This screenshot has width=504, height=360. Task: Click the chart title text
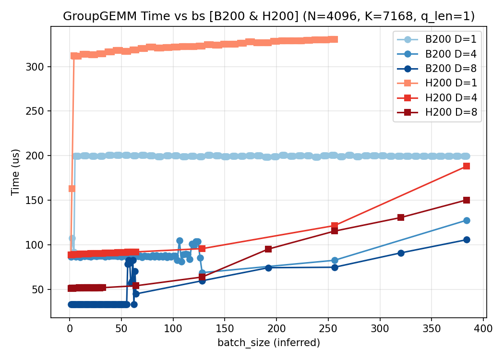coord(269,16)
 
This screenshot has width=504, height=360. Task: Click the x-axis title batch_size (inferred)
coord(269,343)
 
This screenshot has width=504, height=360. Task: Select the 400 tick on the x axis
coord(483,330)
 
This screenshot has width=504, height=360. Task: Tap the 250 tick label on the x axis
coord(328,330)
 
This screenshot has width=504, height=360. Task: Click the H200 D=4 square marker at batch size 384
coord(467,166)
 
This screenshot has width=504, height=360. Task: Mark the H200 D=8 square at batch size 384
coord(467,200)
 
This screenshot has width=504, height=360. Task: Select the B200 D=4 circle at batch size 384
coord(467,220)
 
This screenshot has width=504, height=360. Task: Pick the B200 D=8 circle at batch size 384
coord(467,240)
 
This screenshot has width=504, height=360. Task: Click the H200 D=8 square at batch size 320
coord(401,217)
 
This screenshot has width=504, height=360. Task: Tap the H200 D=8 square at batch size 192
coord(268,249)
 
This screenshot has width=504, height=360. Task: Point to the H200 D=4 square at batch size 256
coord(335,226)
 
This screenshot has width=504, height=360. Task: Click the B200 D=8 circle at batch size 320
coord(401,253)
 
